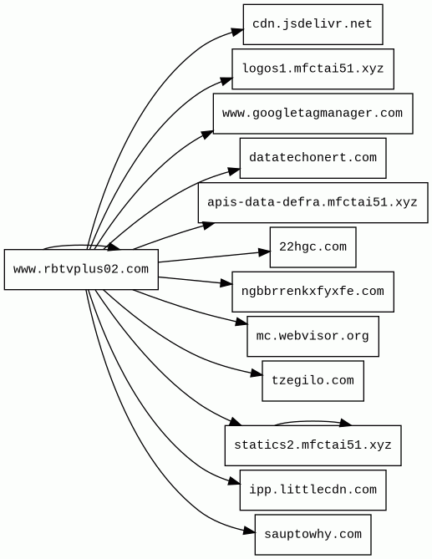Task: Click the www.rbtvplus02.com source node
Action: coord(81,269)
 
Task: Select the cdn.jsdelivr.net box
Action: coord(313,24)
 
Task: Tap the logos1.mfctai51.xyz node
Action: coord(313,69)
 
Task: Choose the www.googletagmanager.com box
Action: coord(313,114)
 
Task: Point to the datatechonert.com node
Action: coord(313,158)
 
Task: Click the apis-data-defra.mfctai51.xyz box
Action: coord(313,202)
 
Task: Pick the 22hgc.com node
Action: coord(313,247)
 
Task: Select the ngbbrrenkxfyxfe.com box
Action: coord(313,292)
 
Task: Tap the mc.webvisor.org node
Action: coord(313,336)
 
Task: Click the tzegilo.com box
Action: coord(313,381)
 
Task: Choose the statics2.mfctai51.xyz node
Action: coord(313,445)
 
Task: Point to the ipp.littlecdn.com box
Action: coord(313,490)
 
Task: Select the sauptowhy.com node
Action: coord(313,535)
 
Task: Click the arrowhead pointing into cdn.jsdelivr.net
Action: coord(236,32)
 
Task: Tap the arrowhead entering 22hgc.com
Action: coord(264,252)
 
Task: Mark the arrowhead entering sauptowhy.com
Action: coord(249,531)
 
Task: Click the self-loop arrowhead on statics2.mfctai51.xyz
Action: coord(345,423)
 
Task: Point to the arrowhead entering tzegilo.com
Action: coord(257,374)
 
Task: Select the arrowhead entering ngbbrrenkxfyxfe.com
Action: coord(226,283)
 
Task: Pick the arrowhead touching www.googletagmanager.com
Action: coord(207,135)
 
